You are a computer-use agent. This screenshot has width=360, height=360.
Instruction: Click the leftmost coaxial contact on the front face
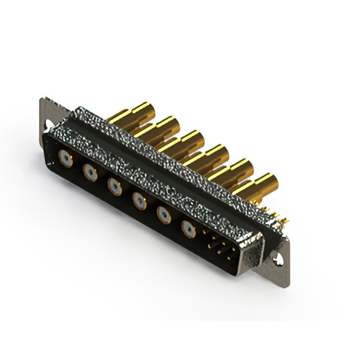click(x=66, y=159)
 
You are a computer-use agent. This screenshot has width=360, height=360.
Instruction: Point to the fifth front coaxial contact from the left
click(x=164, y=214)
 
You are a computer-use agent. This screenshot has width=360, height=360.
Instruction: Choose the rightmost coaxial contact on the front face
click(x=188, y=227)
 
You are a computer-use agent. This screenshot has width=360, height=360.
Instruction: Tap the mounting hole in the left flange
click(x=49, y=122)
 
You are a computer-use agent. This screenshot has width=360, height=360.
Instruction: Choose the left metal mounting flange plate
click(x=51, y=115)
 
